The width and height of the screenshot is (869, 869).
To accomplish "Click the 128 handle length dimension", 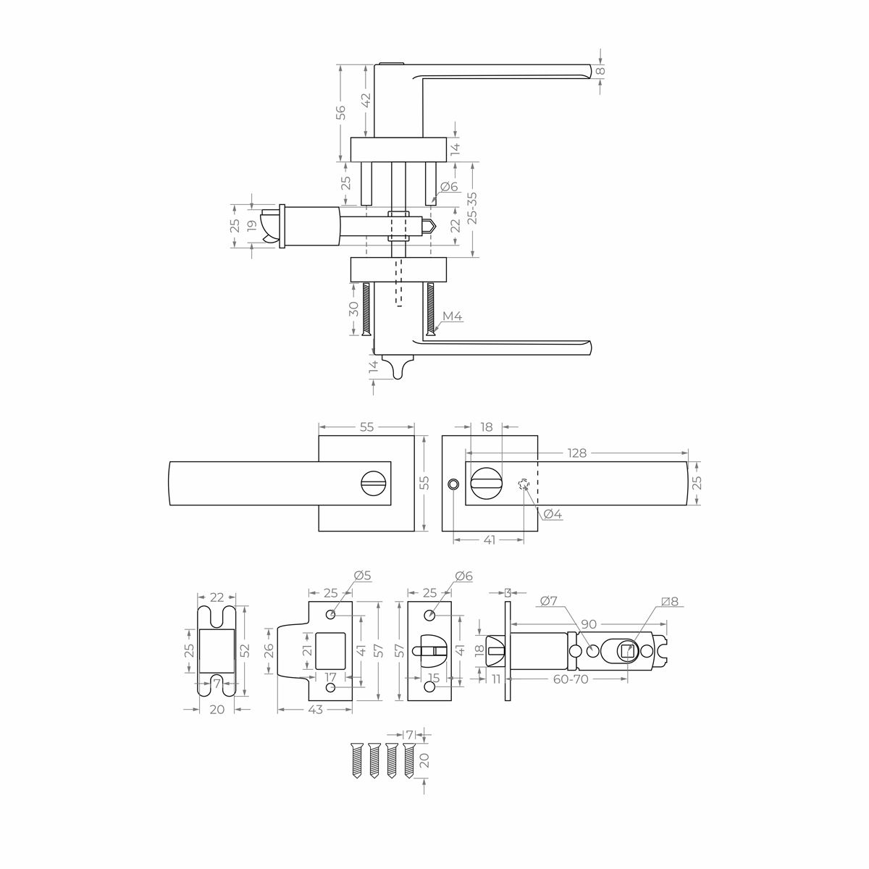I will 576,453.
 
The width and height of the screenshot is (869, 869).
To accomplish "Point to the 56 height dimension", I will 340,112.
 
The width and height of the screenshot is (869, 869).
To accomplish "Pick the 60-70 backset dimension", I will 570,679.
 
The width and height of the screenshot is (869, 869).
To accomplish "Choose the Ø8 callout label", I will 671,601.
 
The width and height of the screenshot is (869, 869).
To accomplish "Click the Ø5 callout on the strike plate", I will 362,576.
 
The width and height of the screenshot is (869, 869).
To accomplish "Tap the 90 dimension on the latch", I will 588,624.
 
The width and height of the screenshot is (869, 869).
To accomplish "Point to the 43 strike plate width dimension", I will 315,710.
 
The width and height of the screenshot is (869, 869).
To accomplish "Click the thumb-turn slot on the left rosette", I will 374,483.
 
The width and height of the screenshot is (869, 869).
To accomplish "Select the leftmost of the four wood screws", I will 356,760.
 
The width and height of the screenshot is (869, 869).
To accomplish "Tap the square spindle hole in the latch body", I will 627,651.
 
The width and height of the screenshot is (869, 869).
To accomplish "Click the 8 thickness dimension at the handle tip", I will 600,71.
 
